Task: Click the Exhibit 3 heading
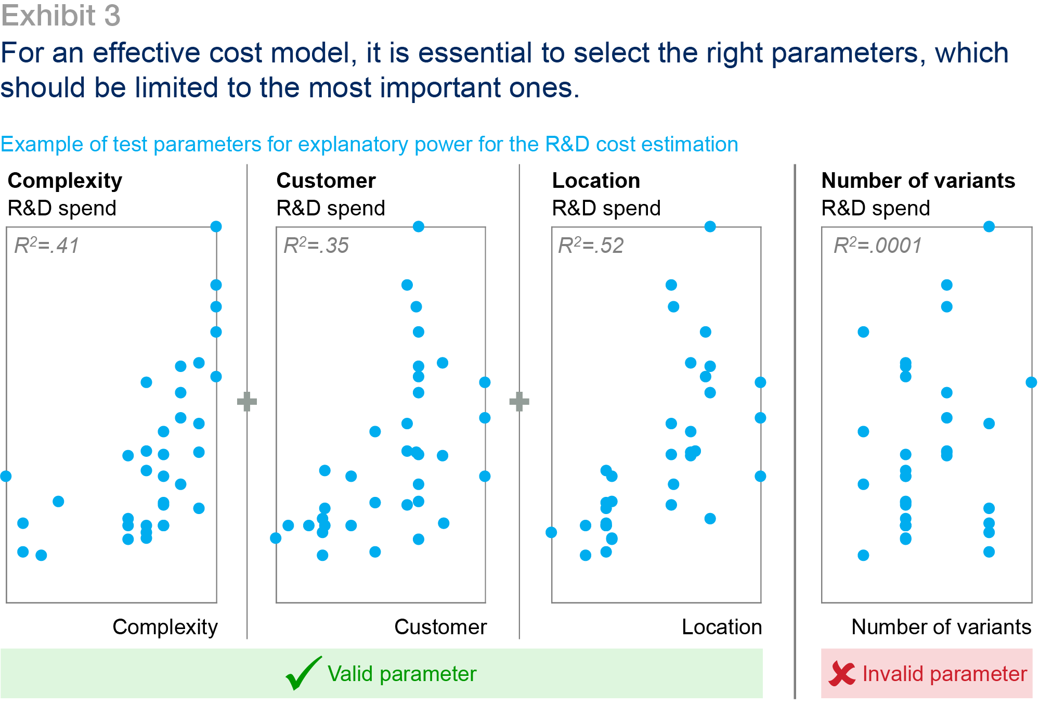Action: pyautogui.click(x=61, y=15)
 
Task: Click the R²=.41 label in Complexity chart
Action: pyautogui.click(x=47, y=245)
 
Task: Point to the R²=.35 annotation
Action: pyautogui.click(x=316, y=245)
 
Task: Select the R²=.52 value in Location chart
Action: pyautogui.click(x=591, y=245)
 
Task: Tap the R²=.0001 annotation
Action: pyautogui.click(x=878, y=245)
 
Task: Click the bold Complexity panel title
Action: pyautogui.click(x=65, y=181)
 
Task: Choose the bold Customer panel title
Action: pyautogui.click(x=326, y=181)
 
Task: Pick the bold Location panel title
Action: pyautogui.click(x=596, y=181)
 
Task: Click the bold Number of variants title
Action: pyautogui.click(x=918, y=181)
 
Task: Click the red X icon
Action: pyautogui.click(x=842, y=673)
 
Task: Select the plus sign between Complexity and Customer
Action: pyautogui.click(x=247, y=402)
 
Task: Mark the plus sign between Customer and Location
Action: pyautogui.click(x=519, y=402)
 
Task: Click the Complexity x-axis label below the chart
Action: pyautogui.click(x=165, y=627)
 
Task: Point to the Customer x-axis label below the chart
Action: pyautogui.click(x=440, y=627)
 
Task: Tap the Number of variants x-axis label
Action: pyautogui.click(x=941, y=627)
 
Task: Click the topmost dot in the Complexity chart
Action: pyautogui.click(x=216, y=226)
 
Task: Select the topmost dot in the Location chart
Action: pyautogui.click(x=710, y=226)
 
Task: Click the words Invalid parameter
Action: pyautogui.click(x=945, y=674)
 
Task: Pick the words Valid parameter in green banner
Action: pyautogui.click(x=402, y=674)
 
